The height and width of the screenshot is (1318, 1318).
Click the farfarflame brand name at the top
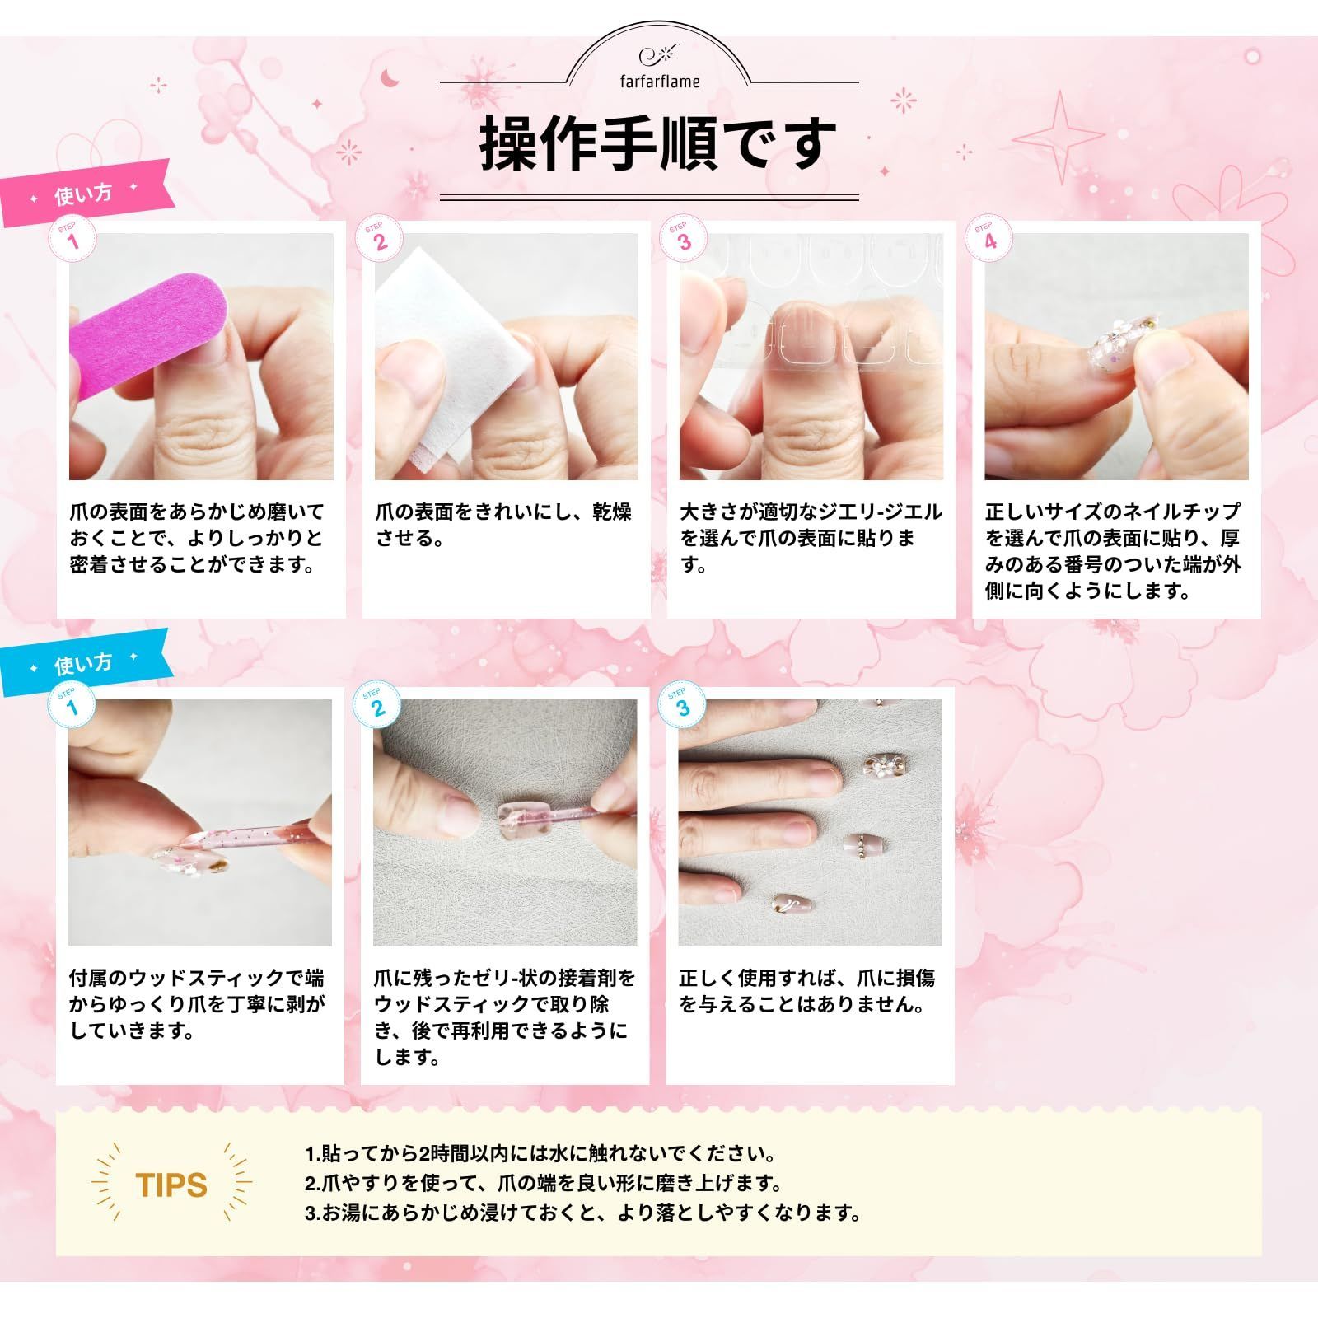(660, 81)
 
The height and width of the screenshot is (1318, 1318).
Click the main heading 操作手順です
(658, 143)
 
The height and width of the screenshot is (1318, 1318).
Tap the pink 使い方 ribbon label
(84, 194)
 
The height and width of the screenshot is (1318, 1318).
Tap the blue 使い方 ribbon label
(84, 663)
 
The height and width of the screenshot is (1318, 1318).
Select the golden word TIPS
(171, 1185)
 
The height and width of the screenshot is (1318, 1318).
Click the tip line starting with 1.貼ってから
(540, 1153)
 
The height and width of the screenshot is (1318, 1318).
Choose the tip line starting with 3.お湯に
(582, 1213)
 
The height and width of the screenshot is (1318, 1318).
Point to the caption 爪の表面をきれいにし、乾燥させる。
(503, 525)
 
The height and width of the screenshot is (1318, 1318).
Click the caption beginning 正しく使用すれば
(807, 991)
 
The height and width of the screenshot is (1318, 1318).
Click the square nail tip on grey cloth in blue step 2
(518, 819)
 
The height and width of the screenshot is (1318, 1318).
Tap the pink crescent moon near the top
(389, 78)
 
